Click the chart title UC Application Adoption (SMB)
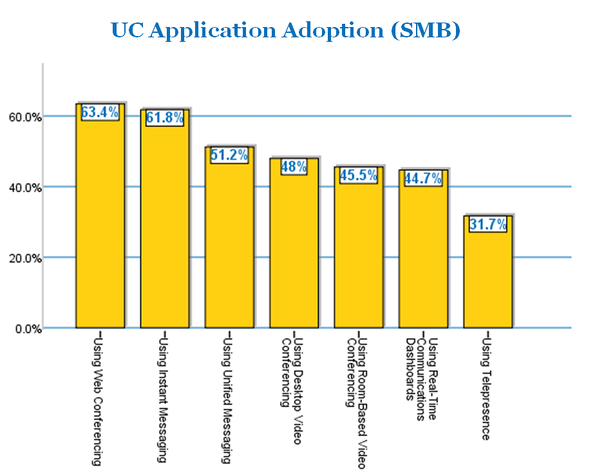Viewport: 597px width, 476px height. click(285, 30)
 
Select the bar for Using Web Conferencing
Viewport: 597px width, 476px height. click(100, 225)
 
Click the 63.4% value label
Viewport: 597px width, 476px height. click(100, 112)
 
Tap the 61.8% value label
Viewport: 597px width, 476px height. click(165, 118)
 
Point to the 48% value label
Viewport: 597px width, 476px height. click(294, 167)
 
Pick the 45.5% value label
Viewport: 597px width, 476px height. click(358, 175)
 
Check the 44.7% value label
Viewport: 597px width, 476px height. click(422, 178)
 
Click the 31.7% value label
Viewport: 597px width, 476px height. click(488, 224)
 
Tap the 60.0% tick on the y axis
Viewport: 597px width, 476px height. click(25, 117)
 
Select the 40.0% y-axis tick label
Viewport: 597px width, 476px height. click(25, 188)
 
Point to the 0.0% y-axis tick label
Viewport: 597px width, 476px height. click(27, 329)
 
